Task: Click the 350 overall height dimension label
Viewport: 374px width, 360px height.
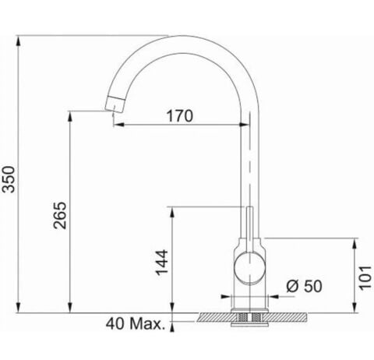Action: pyautogui.click(x=9, y=179)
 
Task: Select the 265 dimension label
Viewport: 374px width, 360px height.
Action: pyautogui.click(x=60, y=215)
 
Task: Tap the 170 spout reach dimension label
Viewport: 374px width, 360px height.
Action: pyautogui.click(x=180, y=116)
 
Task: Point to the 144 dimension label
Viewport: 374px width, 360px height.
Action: pyautogui.click(x=161, y=263)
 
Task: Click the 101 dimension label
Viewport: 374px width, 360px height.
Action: pyautogui.click(x=365, y=277)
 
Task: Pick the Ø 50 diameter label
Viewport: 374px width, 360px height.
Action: pyautogui.click(x=304, y=286)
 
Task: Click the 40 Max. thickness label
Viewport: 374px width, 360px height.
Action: pyautogui.click(x=136, y=323)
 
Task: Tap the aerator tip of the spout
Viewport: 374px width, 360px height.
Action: pyautogui.click(x=115, y=104)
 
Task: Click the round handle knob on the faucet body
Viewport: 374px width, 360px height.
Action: pyautogui.click(x=249, y=268)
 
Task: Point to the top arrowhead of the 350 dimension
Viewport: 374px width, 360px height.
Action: pyautogui.click(x=18, y=41)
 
